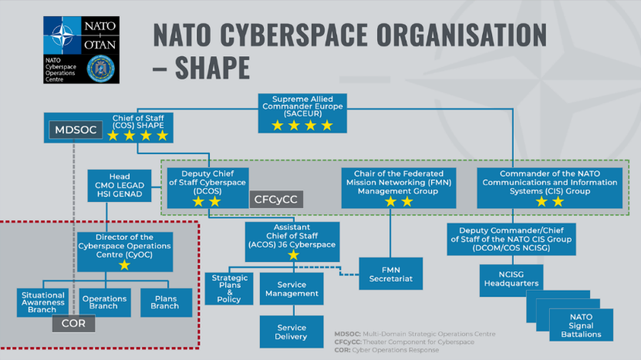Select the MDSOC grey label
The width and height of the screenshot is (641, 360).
[75, 130]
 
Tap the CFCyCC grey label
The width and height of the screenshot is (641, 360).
[275, 200]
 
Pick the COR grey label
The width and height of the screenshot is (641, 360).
[74, 324]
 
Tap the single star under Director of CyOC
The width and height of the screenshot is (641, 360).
[124, 265]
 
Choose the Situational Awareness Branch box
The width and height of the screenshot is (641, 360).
[43, 301]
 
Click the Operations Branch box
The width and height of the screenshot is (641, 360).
[105, 301]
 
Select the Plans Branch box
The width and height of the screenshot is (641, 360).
[166, 301]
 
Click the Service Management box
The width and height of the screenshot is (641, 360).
[291, 289]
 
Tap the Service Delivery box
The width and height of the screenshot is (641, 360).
[291, 331]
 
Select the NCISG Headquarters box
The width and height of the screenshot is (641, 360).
[511, 278]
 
